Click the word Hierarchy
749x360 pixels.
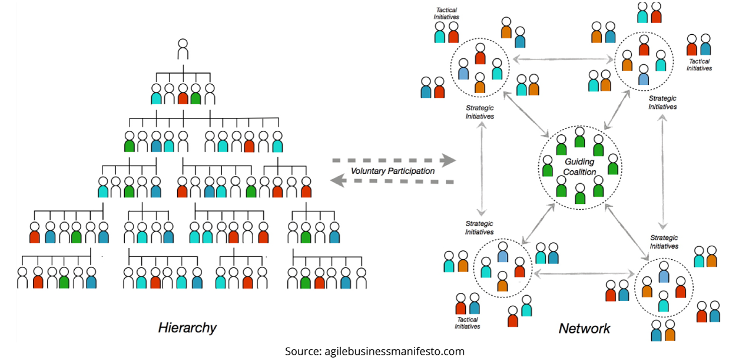tap(187, 328)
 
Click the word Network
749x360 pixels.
tap(584, 329)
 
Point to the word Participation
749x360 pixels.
tap(413, 171)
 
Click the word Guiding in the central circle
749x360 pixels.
tap(580, 162)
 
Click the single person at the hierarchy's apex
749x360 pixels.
tap(183, 49)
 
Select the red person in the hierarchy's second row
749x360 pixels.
tap(183, 94)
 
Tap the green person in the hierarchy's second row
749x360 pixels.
tap(197, 94)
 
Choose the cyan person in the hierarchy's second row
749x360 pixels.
tap(156, 94)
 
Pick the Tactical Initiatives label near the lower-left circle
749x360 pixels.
tap(467, 323)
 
